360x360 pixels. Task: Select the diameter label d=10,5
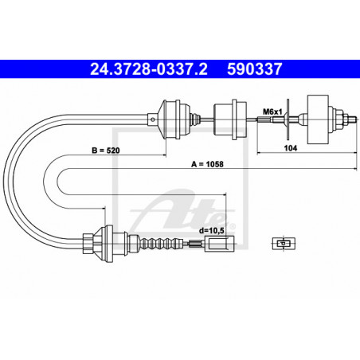click(212, 230)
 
